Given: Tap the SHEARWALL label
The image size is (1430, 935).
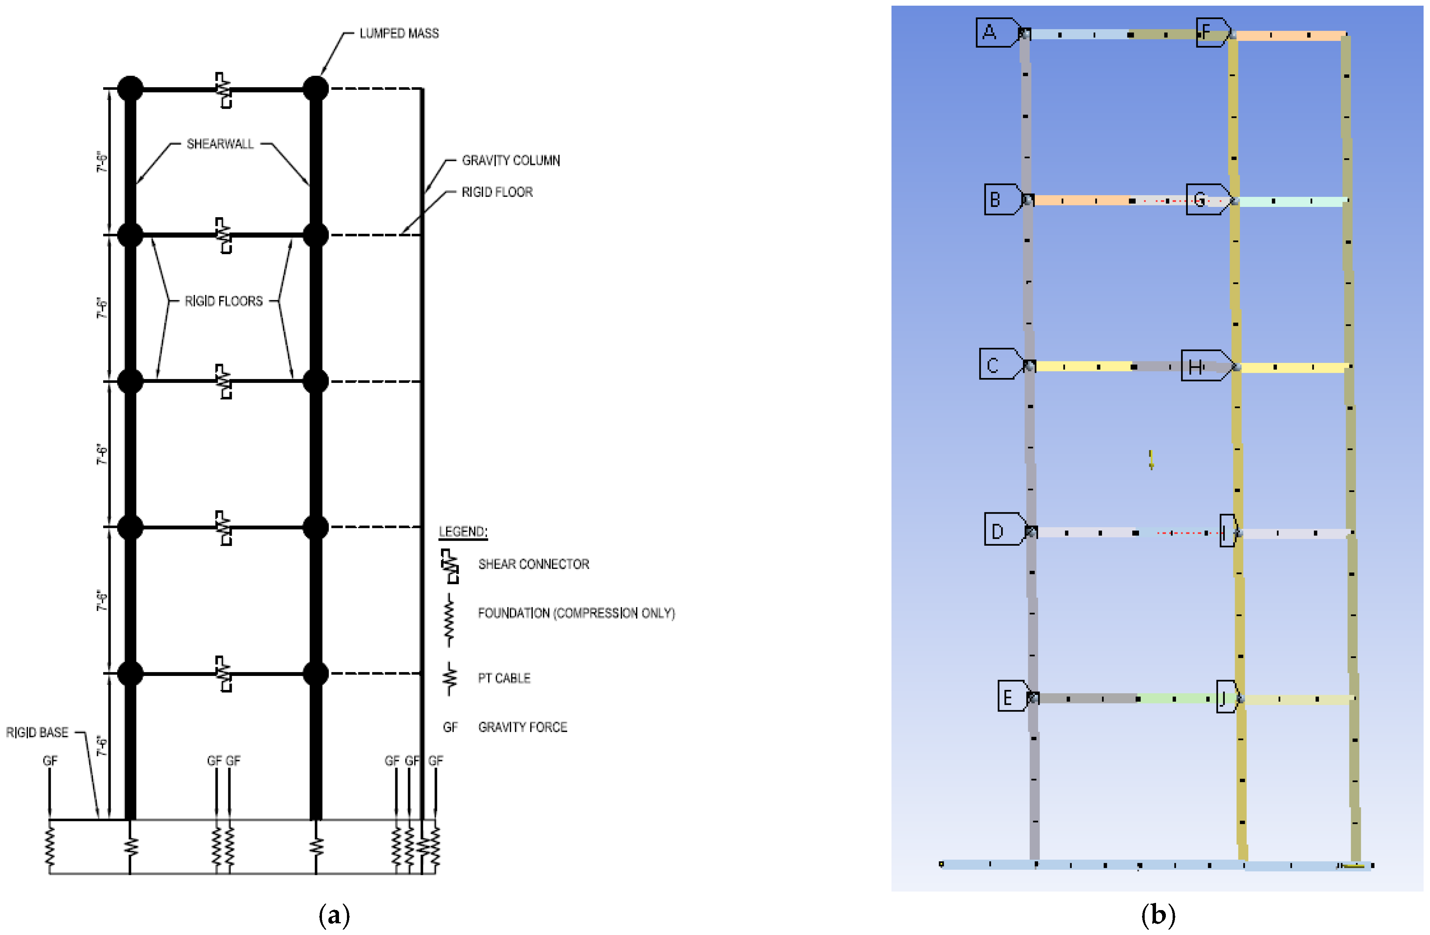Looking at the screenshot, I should click(220, 144).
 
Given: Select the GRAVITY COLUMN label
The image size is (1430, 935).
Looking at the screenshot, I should click(511, 160).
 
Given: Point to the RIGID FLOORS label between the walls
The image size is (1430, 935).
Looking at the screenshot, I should click(223, 301).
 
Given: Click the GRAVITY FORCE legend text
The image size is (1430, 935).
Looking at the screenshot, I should click(523, 727).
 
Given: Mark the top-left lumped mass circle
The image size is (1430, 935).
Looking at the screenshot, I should click(130, 89).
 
